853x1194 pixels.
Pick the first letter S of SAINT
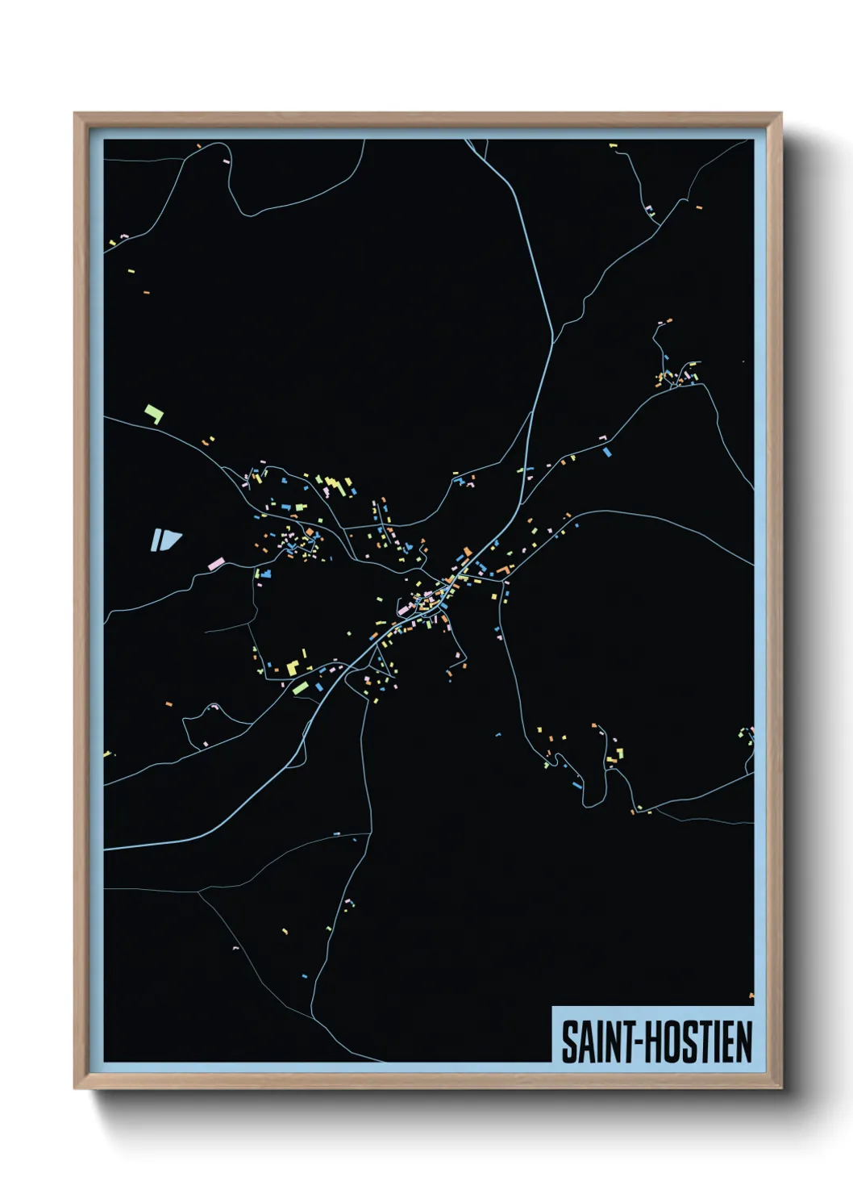(x=568, y=1042)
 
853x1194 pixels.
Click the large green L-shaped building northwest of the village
(x=154, y=415)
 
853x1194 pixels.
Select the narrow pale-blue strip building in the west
(x=155, y=540)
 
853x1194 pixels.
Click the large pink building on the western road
(x=215, y=564)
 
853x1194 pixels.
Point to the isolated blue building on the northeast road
(x=607, y=452)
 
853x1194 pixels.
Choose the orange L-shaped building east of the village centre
(x=504, y=570)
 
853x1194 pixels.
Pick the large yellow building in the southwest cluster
(x=293, y=666)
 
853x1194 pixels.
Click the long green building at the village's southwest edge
(x=300, y=687)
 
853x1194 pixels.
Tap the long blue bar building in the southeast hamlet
(x=576, y=784)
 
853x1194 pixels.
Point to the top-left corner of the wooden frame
(x=75, y=114)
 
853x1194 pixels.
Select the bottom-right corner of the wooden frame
(x=780, y=1088)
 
